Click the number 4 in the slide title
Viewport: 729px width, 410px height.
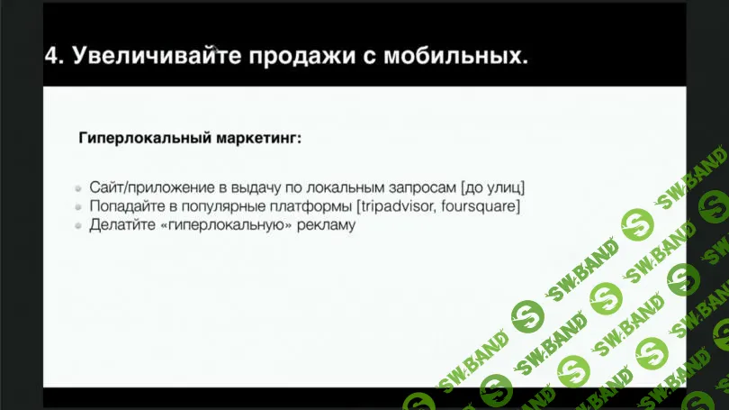click(52, 56)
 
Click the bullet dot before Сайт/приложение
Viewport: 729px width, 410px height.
click(79, 188)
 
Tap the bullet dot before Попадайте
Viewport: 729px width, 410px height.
click(79, 207)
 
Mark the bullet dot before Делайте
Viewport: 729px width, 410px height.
click(79, 226)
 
